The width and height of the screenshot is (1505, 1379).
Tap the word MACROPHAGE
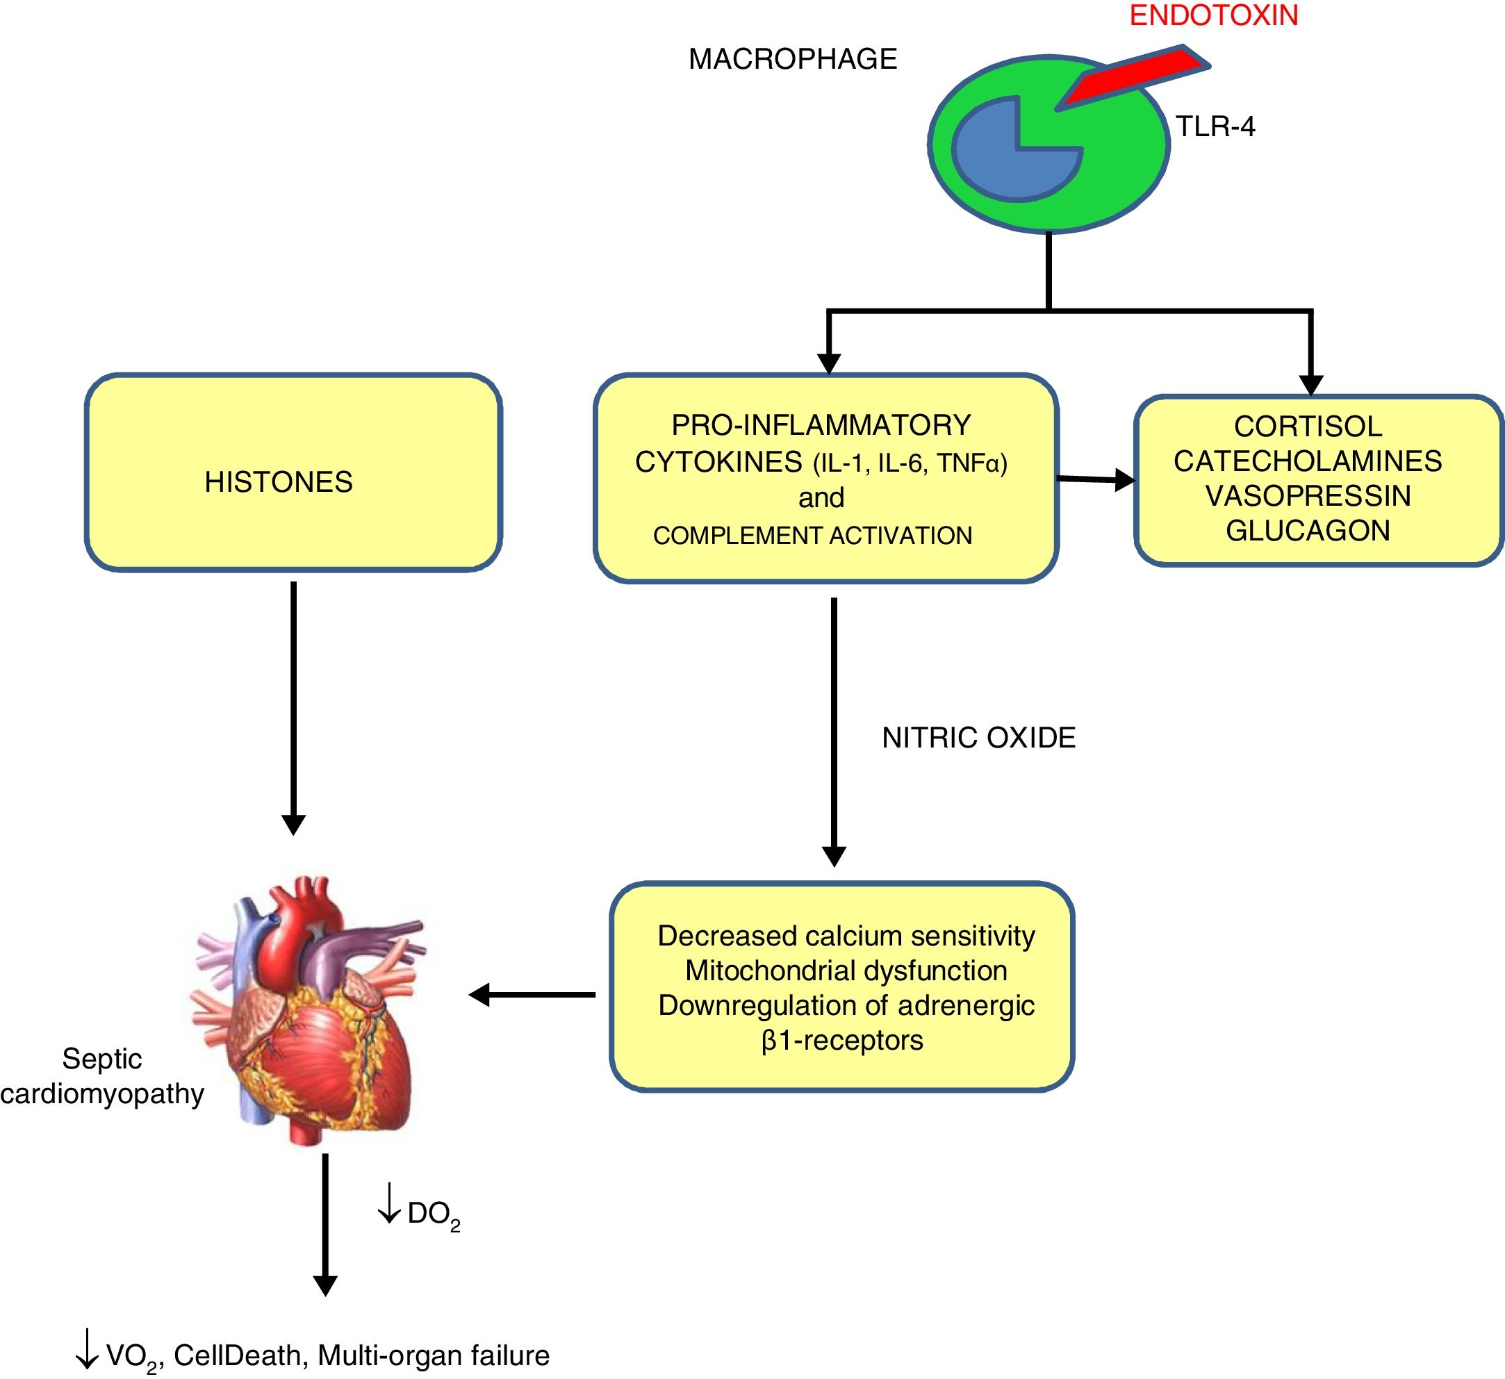coord(792,59)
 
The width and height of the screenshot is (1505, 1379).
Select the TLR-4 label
coord(1215,127)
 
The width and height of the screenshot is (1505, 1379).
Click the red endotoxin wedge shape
coord(1135,75)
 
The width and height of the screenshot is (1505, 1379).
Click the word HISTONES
coord(279,482)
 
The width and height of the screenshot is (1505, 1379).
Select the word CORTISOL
coord(1308,427)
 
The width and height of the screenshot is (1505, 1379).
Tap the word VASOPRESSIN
coord(1308,496)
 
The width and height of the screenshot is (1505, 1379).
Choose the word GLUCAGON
coord(1308,531)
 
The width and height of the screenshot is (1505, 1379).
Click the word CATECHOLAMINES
coord(1308,461)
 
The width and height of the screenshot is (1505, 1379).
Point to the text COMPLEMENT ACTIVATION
coord(812,536)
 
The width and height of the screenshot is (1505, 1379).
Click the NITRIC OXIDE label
coord(979,738)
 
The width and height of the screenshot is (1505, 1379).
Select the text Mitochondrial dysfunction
coord(846,971)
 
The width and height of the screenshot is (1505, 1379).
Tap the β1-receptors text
coord(842,1040)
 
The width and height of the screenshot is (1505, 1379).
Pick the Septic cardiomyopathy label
coord(102,1076)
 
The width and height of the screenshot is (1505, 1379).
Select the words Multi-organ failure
coord(434,1356)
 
